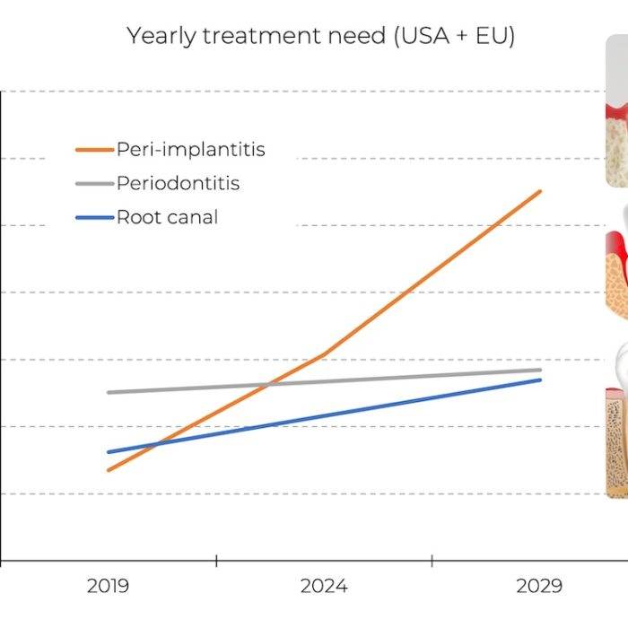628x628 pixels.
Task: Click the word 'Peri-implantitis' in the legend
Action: coord(190,149)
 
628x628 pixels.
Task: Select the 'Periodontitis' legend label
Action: coord(178,183)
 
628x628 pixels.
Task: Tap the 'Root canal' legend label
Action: coord(167,217)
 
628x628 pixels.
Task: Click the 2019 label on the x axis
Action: coord(108,587)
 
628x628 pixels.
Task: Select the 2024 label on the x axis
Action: coord(324,587)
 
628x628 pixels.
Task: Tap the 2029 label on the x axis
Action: coord(539,587)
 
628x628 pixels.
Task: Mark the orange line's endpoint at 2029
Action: coord(540,191)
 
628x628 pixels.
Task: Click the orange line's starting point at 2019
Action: coord(109,470)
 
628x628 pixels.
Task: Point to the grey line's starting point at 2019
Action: coord(109,392)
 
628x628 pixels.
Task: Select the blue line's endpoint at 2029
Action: coord(540,379)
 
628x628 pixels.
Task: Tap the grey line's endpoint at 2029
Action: coord(540,370)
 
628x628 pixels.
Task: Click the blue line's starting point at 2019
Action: coord(109,451)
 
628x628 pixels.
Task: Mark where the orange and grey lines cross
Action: coord(266,385)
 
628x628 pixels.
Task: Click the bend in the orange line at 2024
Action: coord(324,354)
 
